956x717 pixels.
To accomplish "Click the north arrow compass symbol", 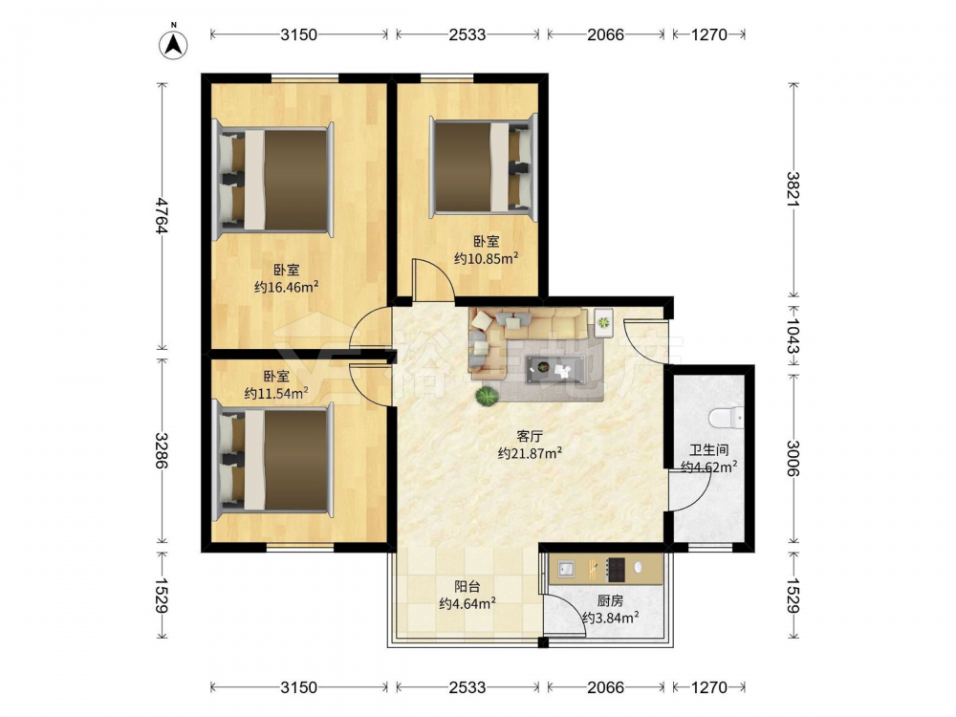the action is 173,44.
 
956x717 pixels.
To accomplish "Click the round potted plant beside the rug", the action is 488,397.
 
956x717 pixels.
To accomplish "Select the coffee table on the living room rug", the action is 556,369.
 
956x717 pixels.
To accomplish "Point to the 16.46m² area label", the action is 287,287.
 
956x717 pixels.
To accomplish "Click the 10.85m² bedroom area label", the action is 486,258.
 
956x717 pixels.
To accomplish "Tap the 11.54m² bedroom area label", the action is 275,393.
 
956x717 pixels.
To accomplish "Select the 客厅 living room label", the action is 530,436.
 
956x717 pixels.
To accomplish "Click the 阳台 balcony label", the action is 467,587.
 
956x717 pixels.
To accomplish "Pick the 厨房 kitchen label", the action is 610,601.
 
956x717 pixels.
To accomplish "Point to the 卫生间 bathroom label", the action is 709,450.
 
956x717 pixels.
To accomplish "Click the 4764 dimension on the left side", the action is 162,216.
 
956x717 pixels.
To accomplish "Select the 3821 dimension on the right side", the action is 793,189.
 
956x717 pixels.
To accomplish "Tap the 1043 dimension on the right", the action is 793,336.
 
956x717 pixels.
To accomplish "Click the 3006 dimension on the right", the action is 793,458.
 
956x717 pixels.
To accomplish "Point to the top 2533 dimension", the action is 467,34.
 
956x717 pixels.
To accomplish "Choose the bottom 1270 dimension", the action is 709,687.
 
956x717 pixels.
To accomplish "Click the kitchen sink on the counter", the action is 566,569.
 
